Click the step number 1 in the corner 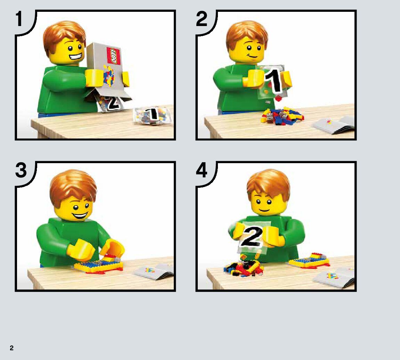19,19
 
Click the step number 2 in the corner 202,19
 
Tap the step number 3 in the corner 21,170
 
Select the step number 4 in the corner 202,170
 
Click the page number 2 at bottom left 11,348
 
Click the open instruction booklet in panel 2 334,125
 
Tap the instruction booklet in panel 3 155,271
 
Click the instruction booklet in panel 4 334,278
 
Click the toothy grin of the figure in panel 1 76,56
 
